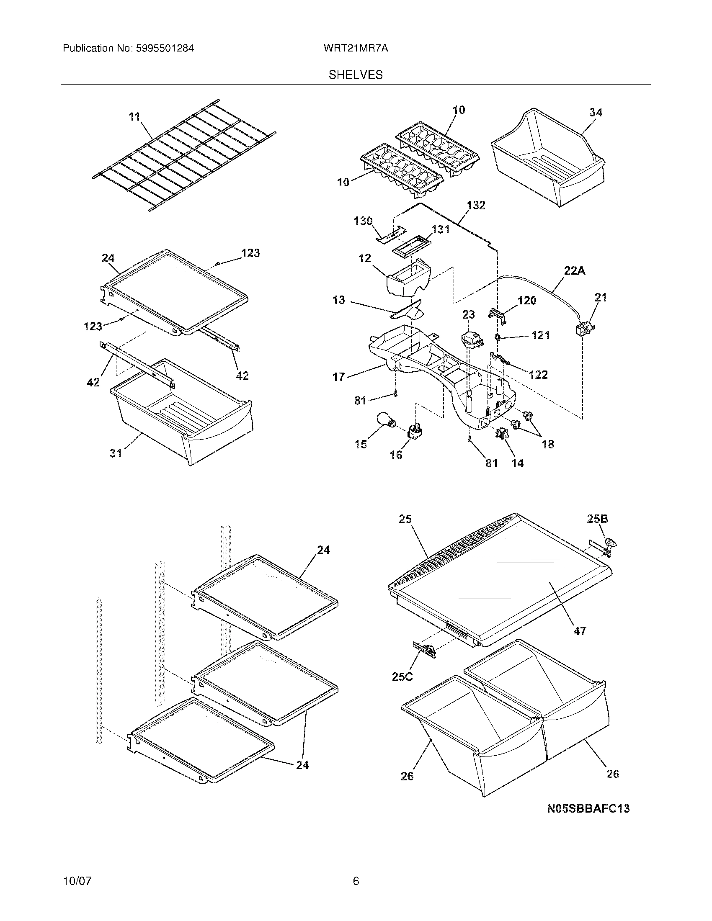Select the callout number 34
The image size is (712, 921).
(596, 112)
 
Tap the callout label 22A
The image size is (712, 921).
(575, 271)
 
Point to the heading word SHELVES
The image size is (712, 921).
(356, 75)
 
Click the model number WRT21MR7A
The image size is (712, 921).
(356, 49)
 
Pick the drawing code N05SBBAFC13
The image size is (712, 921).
(588, 808)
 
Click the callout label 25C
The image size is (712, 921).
(402, 677)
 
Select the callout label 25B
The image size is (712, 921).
(597, 519)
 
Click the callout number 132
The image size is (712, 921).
(476, 206)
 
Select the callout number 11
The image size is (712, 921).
(134, 117)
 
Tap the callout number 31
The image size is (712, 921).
(116, 453)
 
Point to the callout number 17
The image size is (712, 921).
(338, 377)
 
